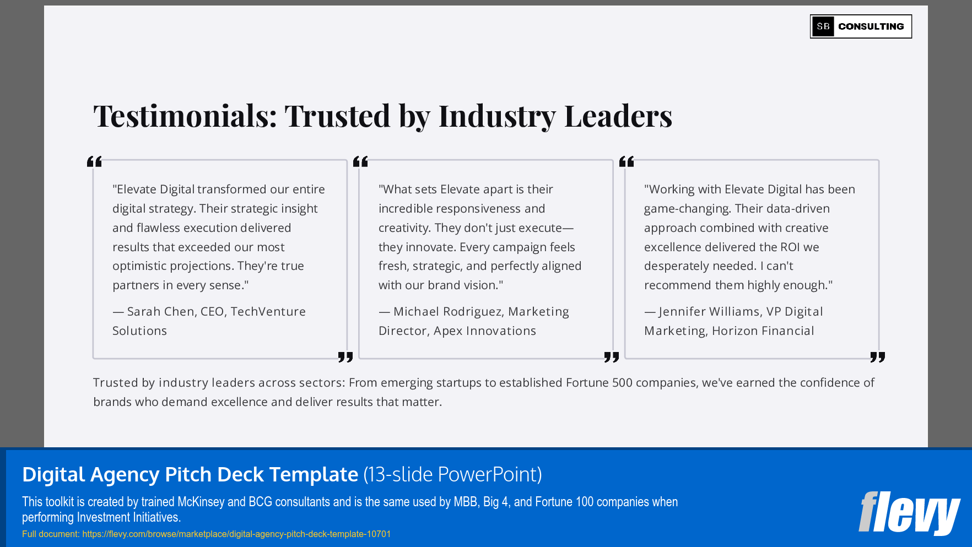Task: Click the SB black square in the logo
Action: pyautogui.click(x=823, y=26)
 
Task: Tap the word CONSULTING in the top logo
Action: pyautogui.click(x=871, y=26)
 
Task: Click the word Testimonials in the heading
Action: pyautogui.click(x=185, y=116)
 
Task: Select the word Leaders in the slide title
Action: pyautogui.click(x=618, y=116)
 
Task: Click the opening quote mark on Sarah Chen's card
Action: pyautogui.click(x=94, y=161)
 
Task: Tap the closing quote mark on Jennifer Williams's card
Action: pyautogui.click(x=877, y=357)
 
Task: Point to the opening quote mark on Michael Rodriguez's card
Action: pyautogui.click(x=360, y=161)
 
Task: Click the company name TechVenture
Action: pyautogui.click(x=268, y=312)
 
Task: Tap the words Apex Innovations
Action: pyautogui.click(x=485, y=331)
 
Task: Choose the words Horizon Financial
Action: pyautogui.click(x=763, y=331)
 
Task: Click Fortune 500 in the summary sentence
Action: pyautogui.click(x=599, y=383)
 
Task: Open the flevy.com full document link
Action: pyautogui.click(x=236, y=534)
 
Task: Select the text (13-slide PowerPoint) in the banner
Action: pyautogui.click(x=452, y=474)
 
